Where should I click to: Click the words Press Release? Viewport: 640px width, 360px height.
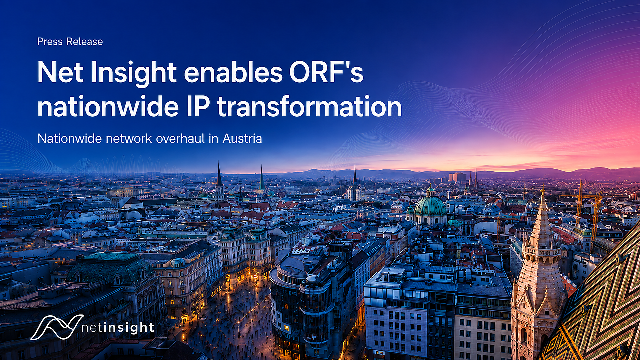(x=70, y=42)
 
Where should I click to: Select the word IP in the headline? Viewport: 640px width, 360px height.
(x=198, y=106)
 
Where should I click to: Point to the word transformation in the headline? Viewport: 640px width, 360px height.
(x=309, y=106)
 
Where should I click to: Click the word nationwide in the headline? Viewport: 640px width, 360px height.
(x=108, y=106)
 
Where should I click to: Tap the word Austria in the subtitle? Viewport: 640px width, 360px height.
(x=242, y=138)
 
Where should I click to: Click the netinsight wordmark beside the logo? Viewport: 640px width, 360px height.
(x=118, y=328)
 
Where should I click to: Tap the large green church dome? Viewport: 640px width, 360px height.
(x=430, y=205)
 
